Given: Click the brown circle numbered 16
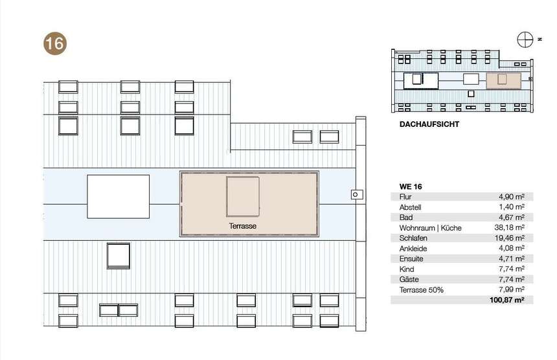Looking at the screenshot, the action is [x=55, y=43].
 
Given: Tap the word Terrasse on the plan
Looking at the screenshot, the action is [x=243, y=226].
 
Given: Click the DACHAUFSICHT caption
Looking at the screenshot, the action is [x=429, y=124].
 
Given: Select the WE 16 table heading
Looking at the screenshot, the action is [x=411, y=186].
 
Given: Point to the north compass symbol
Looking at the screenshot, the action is [x=525, y=39].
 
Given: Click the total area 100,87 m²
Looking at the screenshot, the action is [x=507, y=300].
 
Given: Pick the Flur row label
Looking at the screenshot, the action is [x=405, y=197].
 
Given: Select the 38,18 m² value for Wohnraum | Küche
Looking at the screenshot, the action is [x=510, y=227].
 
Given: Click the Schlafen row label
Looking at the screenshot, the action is [x=413, y=238].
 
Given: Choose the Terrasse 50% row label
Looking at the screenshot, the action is [x=421, y=289].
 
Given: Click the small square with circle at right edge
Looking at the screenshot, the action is [x=357, y=194].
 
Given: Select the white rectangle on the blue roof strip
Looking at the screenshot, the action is [x=119, y=196].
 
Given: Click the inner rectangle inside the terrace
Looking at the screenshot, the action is [x=243, y=197].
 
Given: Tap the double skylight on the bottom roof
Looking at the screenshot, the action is [x=119, y=310].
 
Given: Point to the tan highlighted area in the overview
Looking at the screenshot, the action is [x=504, y=80].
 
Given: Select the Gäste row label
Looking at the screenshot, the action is [x=409, y=280].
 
